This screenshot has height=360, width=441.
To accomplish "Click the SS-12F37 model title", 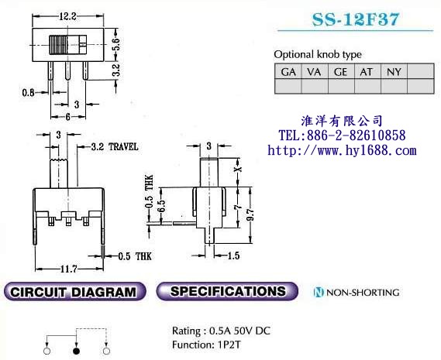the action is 356,19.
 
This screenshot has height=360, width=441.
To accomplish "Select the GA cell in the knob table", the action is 288,72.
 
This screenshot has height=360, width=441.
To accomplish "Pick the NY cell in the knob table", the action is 394,72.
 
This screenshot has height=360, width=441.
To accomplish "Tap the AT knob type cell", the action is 367,72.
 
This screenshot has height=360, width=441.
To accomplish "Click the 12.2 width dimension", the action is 67,16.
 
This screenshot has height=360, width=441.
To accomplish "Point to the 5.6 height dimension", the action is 116,44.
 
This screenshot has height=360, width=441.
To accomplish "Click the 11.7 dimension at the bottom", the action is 69,269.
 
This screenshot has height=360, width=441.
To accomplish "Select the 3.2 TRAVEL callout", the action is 115,146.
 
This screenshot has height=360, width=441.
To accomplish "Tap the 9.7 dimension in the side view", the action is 250,214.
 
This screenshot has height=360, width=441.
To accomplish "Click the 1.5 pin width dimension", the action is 233,255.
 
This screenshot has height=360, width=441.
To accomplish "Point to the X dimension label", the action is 239,169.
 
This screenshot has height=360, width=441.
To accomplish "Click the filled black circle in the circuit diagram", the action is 76,351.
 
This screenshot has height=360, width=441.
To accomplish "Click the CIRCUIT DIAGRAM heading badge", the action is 75,291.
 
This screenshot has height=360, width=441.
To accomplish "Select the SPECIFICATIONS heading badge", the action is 227,291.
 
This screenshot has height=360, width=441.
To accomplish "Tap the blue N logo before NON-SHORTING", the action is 319,293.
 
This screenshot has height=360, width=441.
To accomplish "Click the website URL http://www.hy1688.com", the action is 342,151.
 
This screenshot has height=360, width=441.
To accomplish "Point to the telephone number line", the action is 342,135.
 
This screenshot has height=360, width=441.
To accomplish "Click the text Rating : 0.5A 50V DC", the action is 221,331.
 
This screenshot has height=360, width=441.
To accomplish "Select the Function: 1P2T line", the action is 206,345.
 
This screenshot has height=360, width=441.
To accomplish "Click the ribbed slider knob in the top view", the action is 58,45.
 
